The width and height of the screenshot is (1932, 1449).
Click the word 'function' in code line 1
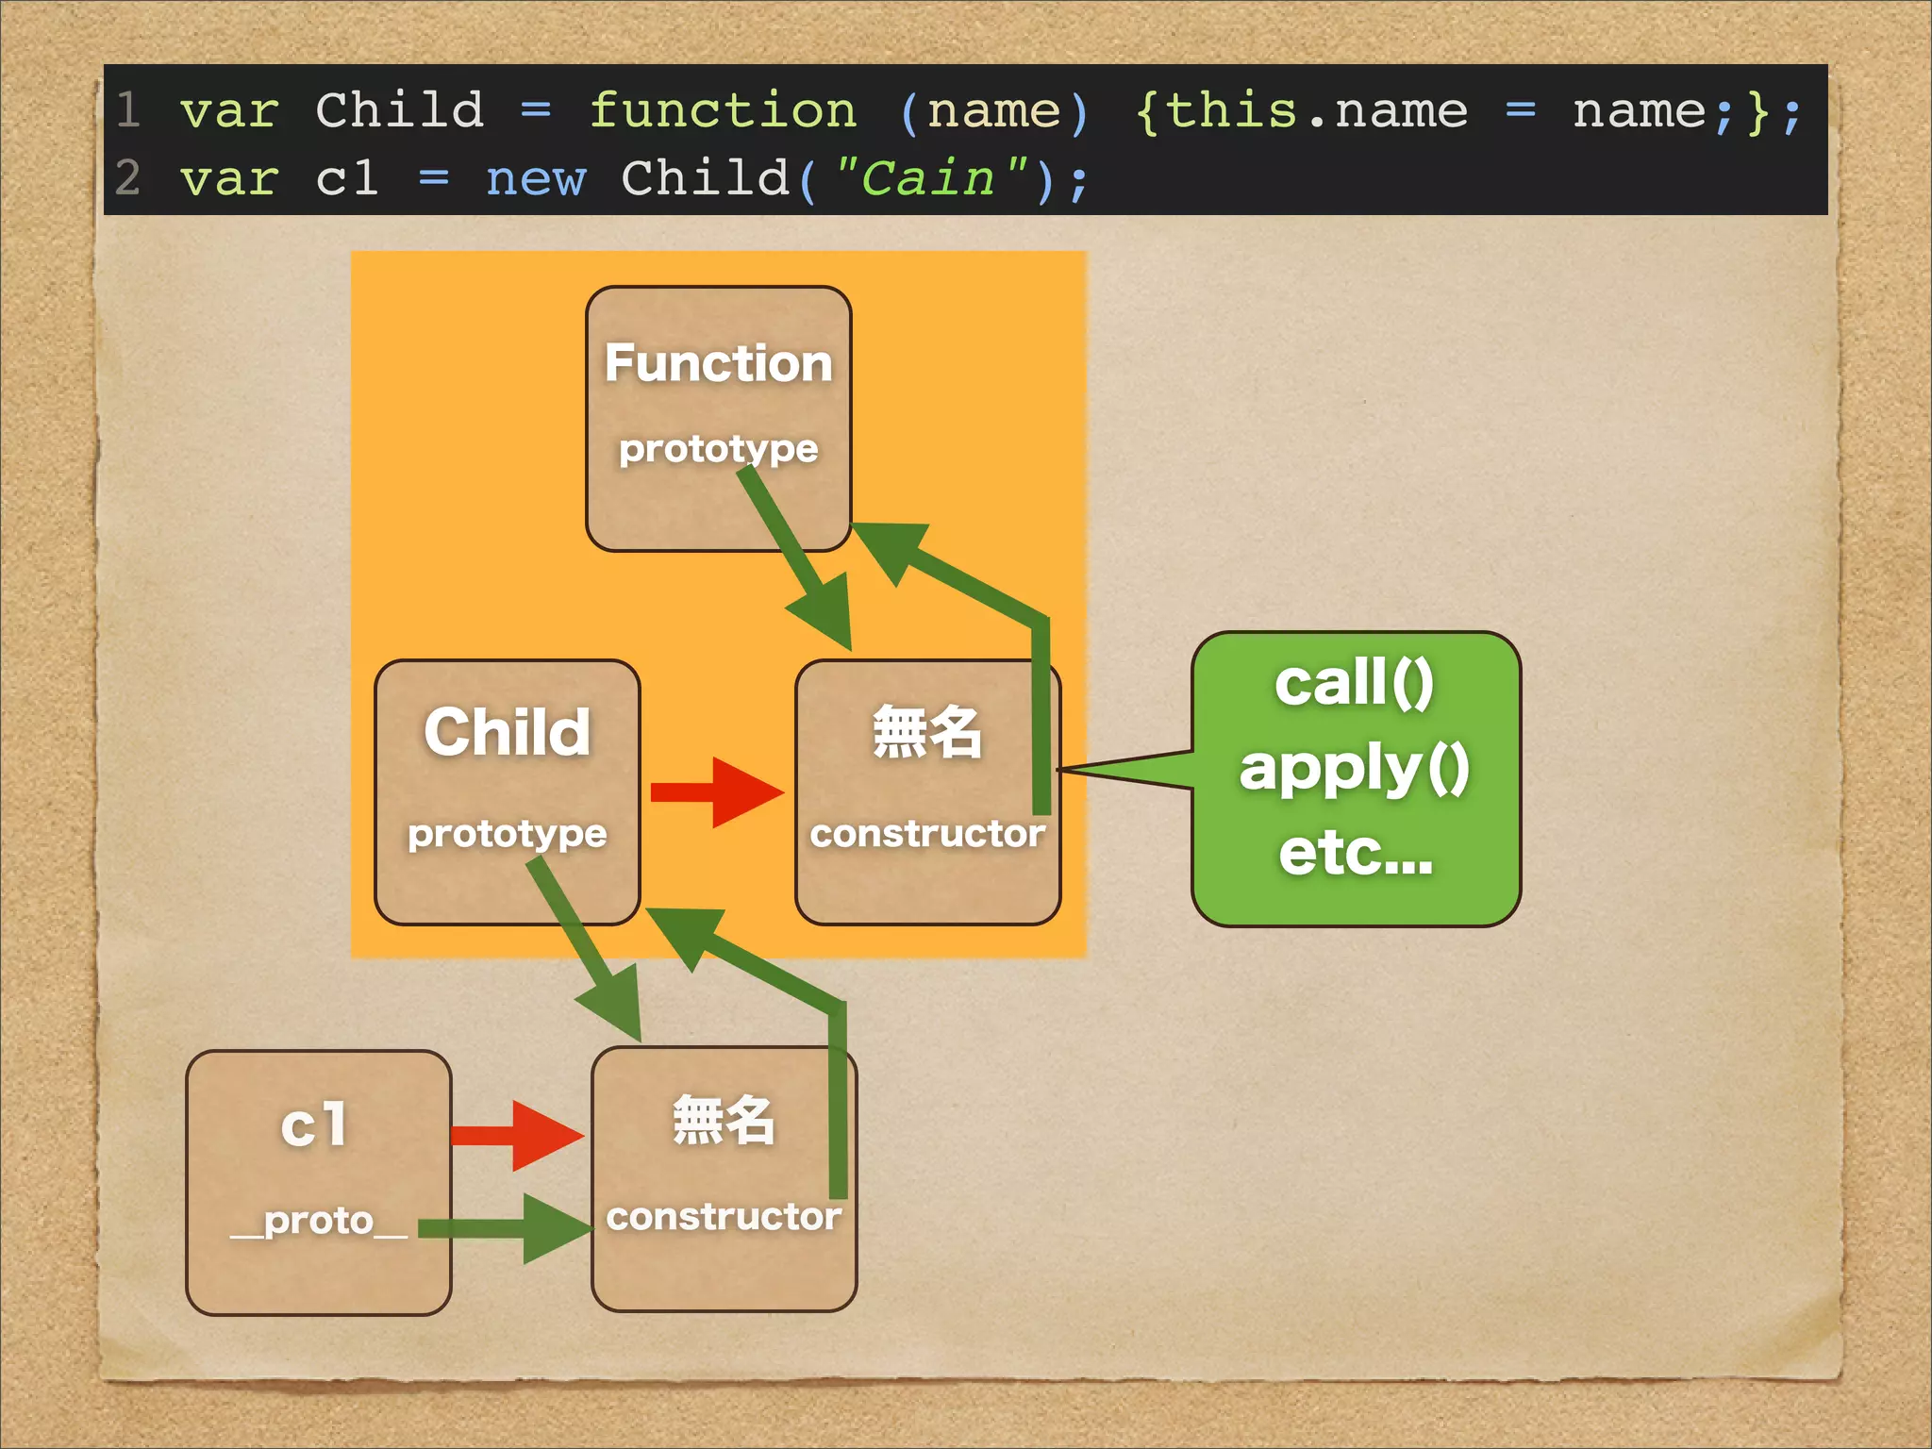pos(723,111)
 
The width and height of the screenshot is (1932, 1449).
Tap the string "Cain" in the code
pos(929,179)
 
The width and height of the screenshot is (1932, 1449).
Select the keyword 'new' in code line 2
pos(535,179)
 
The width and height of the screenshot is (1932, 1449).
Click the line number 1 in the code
pos(129,111)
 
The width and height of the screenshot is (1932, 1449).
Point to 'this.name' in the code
pos(1316,111)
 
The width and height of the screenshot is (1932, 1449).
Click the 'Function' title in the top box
pos(718,363)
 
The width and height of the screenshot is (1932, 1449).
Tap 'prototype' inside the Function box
pos(718,449)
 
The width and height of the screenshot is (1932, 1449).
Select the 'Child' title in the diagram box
pos(507,732)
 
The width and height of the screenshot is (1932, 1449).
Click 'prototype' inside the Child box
pos(507,834)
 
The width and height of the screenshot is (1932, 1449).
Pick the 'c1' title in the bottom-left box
pos(315,1124)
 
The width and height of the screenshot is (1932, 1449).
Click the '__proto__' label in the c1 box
pos(319,1222)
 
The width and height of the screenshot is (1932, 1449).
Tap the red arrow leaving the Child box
pos(717,792)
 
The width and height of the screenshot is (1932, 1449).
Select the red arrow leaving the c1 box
pos(517,1135)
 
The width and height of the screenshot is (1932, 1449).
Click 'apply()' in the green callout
pos(1354,769)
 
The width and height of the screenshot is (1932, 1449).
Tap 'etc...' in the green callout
pos(1355,853)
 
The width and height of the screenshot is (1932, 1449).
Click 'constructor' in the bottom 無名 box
pos(724,1217)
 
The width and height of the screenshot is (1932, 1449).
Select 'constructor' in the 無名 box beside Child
pos(926,834)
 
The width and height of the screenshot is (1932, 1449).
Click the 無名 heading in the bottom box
pos(724,1121)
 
